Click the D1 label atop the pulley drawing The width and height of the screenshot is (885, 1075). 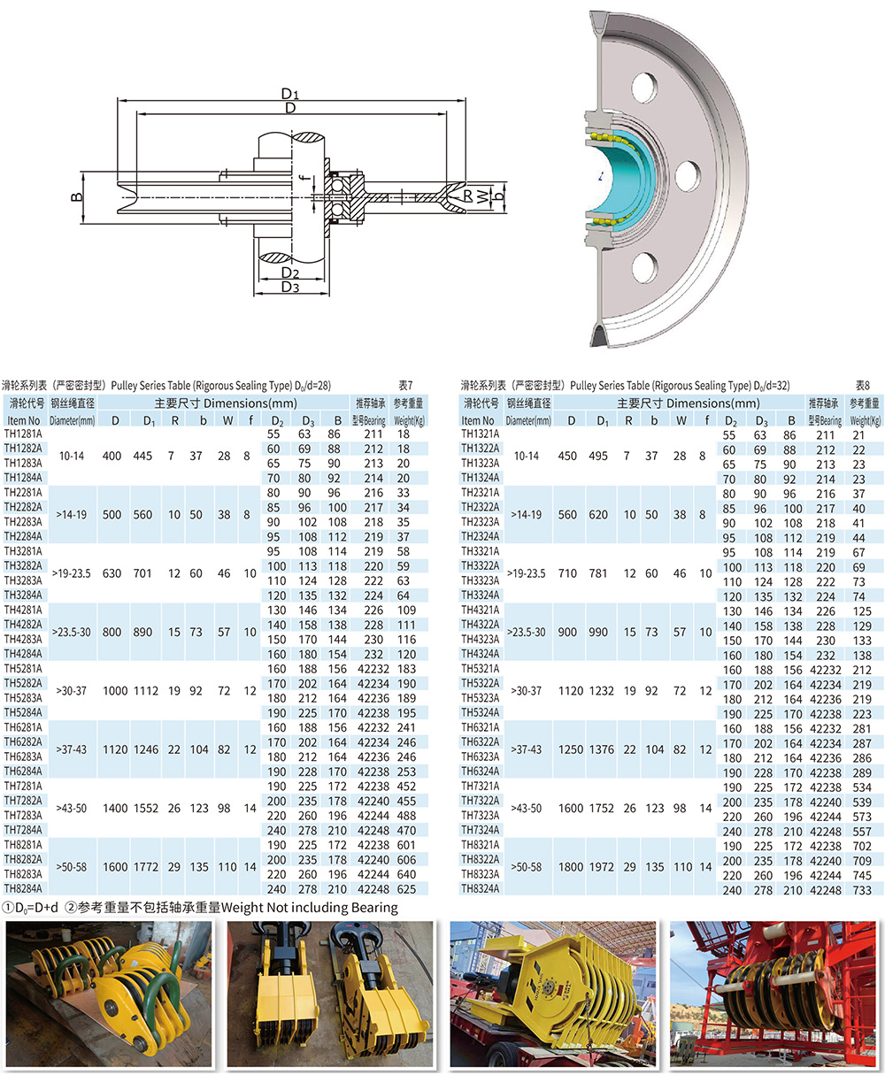[289, 94]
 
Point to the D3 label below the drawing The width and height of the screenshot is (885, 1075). [290, 287]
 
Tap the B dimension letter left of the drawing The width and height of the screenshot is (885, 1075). [76, 196]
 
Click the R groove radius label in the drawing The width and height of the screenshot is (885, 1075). [467, 196]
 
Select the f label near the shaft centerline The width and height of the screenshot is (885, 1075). [304, 178]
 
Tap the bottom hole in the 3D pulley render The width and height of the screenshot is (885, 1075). [644, 267]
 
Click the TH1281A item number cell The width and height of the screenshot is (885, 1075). [23, 434]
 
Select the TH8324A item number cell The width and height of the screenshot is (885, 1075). [481, 888]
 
